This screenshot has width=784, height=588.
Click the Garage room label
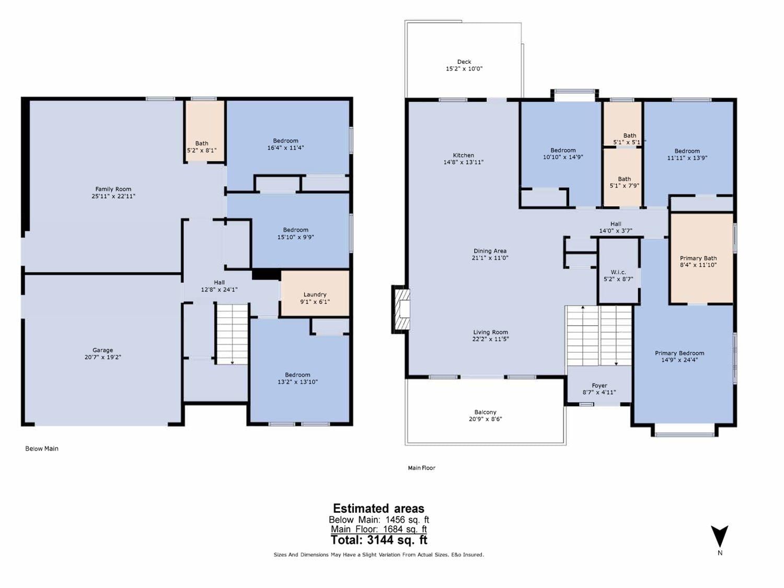[102, 350]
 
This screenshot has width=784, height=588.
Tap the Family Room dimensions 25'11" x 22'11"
[113, 196]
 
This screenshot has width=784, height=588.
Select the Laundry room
[315, 293]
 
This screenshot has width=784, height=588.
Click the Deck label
[464, 62]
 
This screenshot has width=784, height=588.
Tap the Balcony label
[486, 412]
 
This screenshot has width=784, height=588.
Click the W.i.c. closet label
[618, 272]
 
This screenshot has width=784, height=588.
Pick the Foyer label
[599, 386]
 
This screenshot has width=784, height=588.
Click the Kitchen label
[463, 155]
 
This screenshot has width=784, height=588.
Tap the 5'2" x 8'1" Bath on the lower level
[204, 131]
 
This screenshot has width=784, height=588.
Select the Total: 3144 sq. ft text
[379, 540]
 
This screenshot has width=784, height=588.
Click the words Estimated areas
[378, 509]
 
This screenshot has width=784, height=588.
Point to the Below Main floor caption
[42, 448]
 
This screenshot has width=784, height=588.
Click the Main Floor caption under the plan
[421, 468]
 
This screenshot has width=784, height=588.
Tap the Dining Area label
[490, 251]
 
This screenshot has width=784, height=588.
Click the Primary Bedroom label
[679, 353]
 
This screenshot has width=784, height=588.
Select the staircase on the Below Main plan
[232, 334]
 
